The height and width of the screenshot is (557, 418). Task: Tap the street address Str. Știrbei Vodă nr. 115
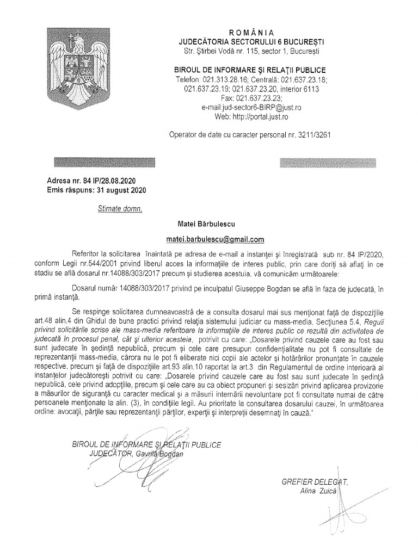[x=224, y=51]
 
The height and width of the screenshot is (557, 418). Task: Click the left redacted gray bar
[x=104, y=163]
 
